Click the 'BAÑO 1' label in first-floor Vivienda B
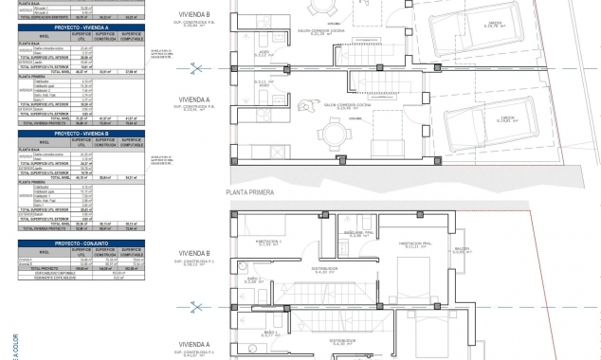(252, 279)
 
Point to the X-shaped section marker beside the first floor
(197, 305)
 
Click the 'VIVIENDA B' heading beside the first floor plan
(193, 253)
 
